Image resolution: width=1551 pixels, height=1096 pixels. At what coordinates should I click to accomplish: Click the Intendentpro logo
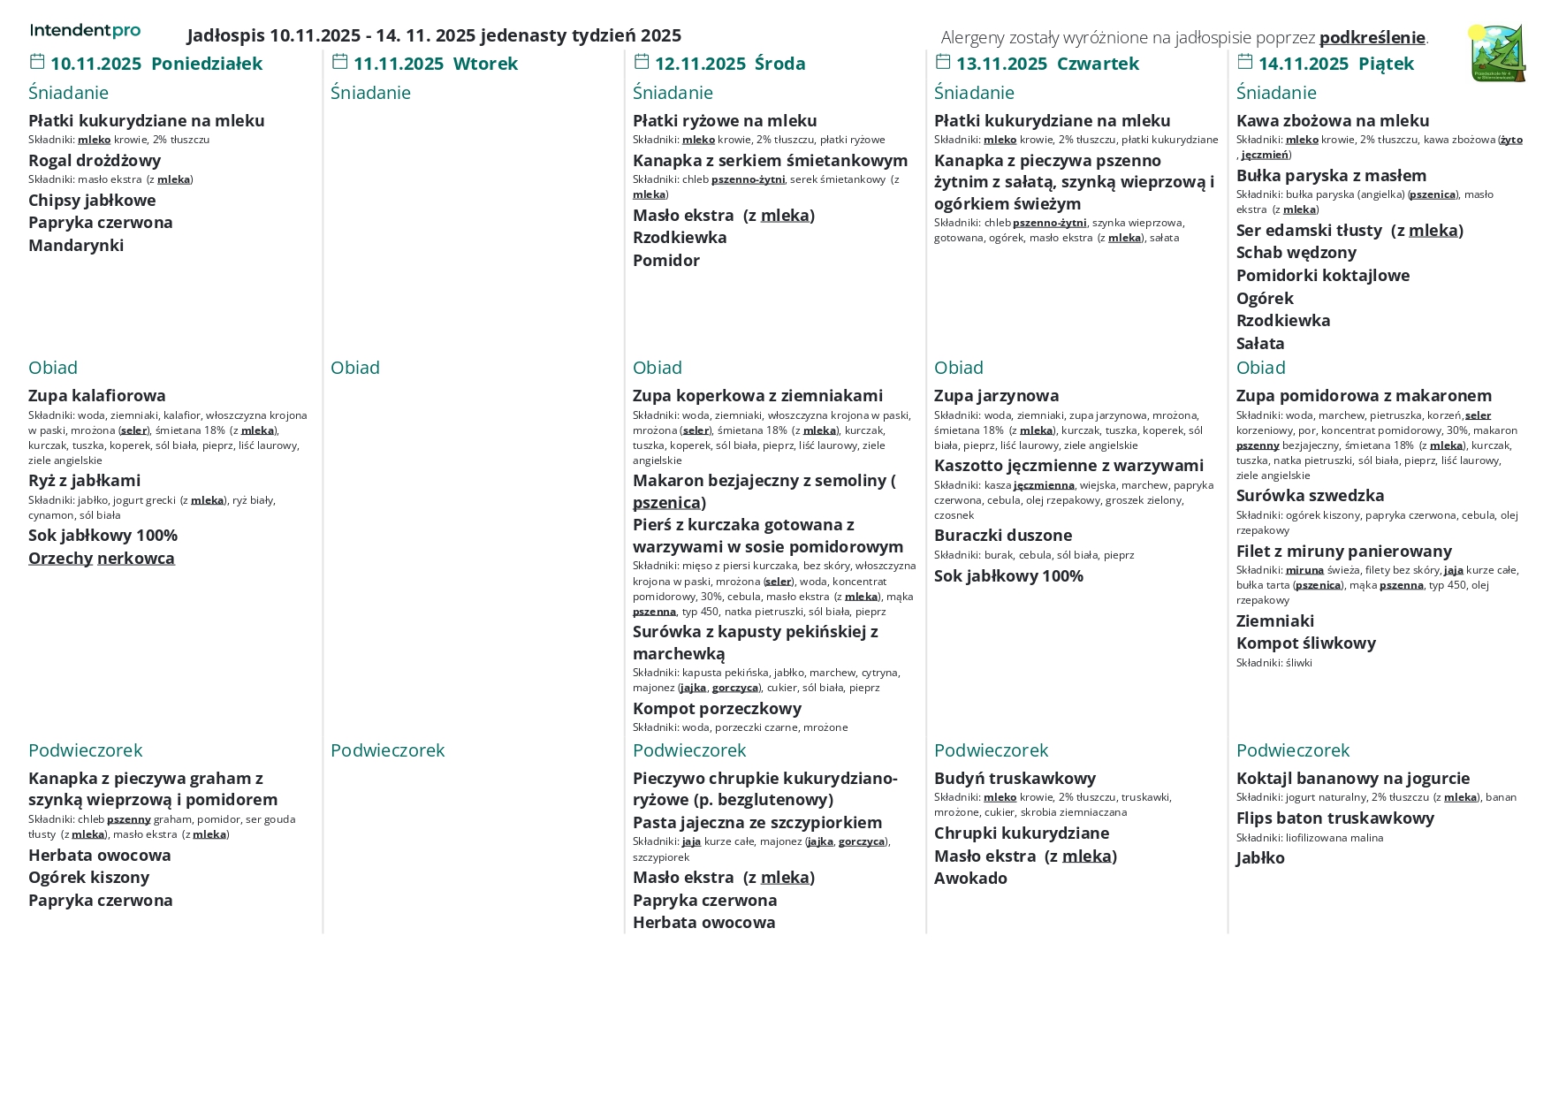coord(85,31)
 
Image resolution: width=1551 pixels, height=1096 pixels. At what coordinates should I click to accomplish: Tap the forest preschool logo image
coord(1497,53)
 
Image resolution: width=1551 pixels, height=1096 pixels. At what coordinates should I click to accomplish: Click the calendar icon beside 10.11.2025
coord(37,62)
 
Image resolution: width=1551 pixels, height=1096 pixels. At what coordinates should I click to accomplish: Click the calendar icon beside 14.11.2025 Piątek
coord(1245,62)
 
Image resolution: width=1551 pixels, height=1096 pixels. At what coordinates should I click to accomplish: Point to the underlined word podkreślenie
coord(1372,37)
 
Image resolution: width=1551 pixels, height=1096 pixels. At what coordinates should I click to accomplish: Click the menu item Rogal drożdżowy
coord(95,160)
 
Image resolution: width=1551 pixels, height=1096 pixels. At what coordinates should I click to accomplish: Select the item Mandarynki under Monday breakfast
coord(76,245)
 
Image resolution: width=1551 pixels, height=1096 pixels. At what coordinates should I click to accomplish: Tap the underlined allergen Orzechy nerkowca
coord(102,558)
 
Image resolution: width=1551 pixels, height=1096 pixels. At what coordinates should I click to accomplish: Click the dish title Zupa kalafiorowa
coord(97,395)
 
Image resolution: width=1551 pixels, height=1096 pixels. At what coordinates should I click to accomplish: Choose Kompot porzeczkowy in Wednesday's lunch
coord(717,708)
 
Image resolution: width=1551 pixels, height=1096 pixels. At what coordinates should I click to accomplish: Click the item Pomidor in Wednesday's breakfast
coord(666,260)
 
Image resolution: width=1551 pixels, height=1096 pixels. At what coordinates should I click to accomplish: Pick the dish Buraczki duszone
coord(1003,535)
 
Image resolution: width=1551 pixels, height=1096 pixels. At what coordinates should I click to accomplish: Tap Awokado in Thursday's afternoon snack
coord(970,878)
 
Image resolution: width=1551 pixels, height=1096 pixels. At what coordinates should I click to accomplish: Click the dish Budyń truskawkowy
coord(1015,778)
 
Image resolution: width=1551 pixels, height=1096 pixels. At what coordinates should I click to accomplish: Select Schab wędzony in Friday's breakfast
coord(1296,252)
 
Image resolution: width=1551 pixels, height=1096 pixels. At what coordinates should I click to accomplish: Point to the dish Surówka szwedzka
coord(1310,495)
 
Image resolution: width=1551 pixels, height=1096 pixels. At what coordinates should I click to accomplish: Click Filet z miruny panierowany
coord(1343,551)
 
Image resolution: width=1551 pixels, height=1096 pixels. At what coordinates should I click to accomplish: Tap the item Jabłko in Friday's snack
coord(1260,857)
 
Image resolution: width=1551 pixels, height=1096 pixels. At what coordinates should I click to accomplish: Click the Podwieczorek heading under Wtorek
coord(387,750)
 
